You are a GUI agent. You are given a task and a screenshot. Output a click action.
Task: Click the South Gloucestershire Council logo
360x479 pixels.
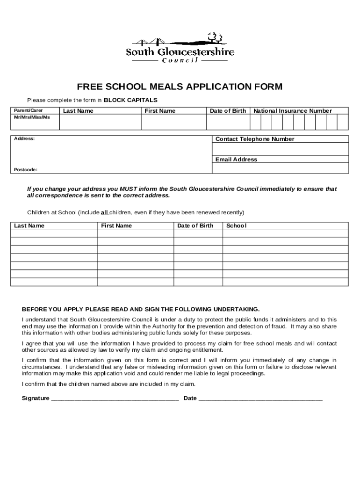pyautogui.click(x=180, y=48)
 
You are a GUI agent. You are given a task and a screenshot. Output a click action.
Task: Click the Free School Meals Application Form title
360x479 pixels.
pyautogui.click(x=180, y=87)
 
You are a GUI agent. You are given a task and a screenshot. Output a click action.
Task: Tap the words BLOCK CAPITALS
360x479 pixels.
pyautogui.click(x=130, y=100)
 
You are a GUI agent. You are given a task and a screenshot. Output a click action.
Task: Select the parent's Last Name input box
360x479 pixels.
pyautogui.click(x=100, y=122)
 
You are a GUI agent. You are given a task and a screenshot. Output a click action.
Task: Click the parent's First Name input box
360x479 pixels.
pyautogui.click(x=173, y=122)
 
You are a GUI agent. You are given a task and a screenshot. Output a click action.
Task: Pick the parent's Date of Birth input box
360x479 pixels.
pyautogui.click(x=228, y=122)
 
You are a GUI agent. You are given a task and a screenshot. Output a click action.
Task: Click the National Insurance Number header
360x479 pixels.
pyautogui.click(x=292, y=111)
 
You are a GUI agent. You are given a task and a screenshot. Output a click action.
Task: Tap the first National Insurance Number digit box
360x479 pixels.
pyautogui.click(x=255, y=122)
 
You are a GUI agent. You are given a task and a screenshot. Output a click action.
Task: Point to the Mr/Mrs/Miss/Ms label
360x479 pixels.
pyautogui.click(x=32, y=117)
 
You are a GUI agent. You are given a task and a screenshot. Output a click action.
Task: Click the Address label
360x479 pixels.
pyautogui.click(x=24, y=139)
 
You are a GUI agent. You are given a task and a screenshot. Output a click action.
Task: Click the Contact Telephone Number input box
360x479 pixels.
pyautogui.click(x=280, y=149)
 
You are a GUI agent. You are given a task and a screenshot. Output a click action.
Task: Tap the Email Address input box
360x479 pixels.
pyautogui.click(x=280, y=168)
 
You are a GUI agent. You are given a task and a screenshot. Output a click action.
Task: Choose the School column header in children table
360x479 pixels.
pyautogui.click(x=236, y=225)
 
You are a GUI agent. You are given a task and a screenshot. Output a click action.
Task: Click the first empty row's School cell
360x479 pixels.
pyautogui.click(x=285, y=233)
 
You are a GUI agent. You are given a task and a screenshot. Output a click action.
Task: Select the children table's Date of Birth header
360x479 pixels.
pyautogui.click(x=195, y=225)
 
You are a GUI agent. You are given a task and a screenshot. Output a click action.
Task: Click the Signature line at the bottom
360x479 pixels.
pyautogui.click(x=115, y=399)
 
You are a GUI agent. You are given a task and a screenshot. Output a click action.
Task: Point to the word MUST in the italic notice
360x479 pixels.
pyautogui.click(x=129, y=189)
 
